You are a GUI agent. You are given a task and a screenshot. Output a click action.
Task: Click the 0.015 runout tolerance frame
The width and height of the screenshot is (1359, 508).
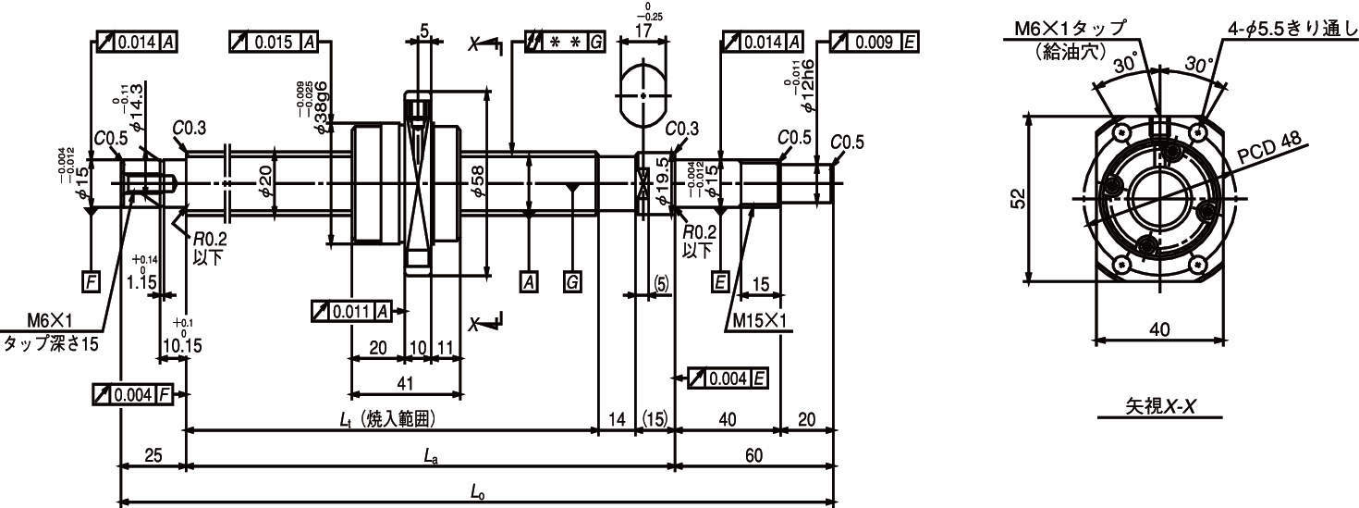(274, 43)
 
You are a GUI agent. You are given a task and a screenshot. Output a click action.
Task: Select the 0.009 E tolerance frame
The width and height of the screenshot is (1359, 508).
(875, 43)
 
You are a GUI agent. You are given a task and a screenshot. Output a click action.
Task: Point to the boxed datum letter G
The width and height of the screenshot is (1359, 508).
(572, 283)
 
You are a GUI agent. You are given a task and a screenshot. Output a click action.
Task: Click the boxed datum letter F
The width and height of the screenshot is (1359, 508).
(91, 283)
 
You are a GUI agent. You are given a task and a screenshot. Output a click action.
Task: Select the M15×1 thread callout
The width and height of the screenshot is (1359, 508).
(759, 320)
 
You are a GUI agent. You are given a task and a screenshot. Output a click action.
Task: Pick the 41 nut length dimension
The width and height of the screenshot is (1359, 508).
(404, 382)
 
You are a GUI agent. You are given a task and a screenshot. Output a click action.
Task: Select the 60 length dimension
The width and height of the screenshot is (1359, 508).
(754, 454)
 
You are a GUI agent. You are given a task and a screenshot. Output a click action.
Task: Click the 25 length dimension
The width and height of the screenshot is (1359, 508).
(153, 454)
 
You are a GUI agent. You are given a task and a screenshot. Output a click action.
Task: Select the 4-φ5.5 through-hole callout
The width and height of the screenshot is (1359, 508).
(1292, 29)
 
